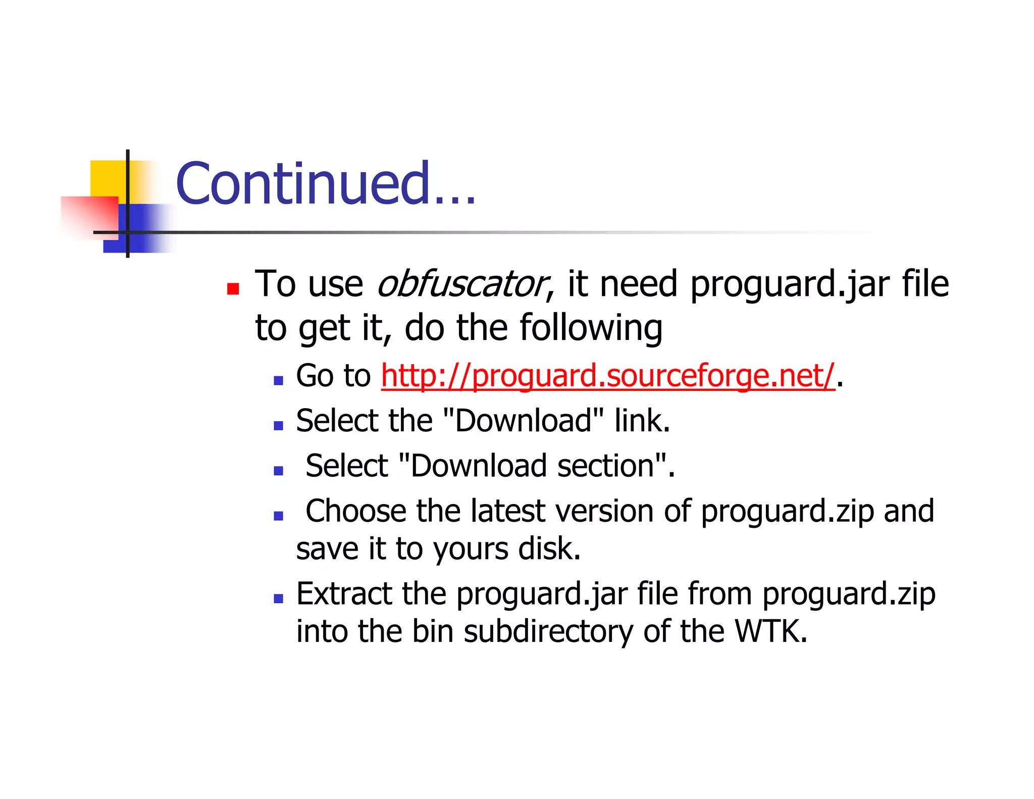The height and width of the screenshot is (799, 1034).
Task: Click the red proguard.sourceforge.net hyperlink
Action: point(607,376)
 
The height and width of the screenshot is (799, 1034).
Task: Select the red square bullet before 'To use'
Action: point(233,289)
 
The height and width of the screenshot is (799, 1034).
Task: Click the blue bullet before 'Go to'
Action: point(278,380)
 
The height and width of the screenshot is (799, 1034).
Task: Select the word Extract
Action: point(344,593)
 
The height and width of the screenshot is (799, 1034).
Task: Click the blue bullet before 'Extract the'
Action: point(278,598)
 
